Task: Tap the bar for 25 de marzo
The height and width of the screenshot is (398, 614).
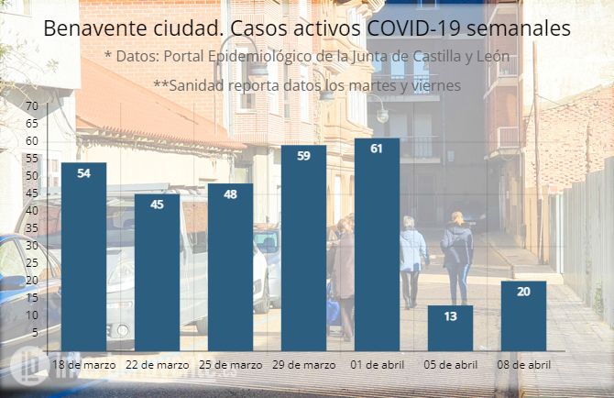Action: (x=230, y=267)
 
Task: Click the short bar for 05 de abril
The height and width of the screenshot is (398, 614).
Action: (x=450, y=327)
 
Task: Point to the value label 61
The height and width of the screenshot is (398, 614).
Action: (x=377, y=149)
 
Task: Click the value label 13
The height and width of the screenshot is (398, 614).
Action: (x=450, y=316)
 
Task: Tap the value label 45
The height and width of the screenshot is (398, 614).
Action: (x=157, y=204)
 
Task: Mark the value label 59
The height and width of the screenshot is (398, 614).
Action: (x=303, y=156)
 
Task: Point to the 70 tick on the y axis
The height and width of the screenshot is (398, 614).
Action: (x=31, y=106)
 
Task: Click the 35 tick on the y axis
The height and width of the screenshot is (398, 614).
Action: (x=31, y=228)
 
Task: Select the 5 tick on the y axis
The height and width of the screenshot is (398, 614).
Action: (x=34, y=332)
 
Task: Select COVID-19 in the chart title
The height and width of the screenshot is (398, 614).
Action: (x=408, y=28)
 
